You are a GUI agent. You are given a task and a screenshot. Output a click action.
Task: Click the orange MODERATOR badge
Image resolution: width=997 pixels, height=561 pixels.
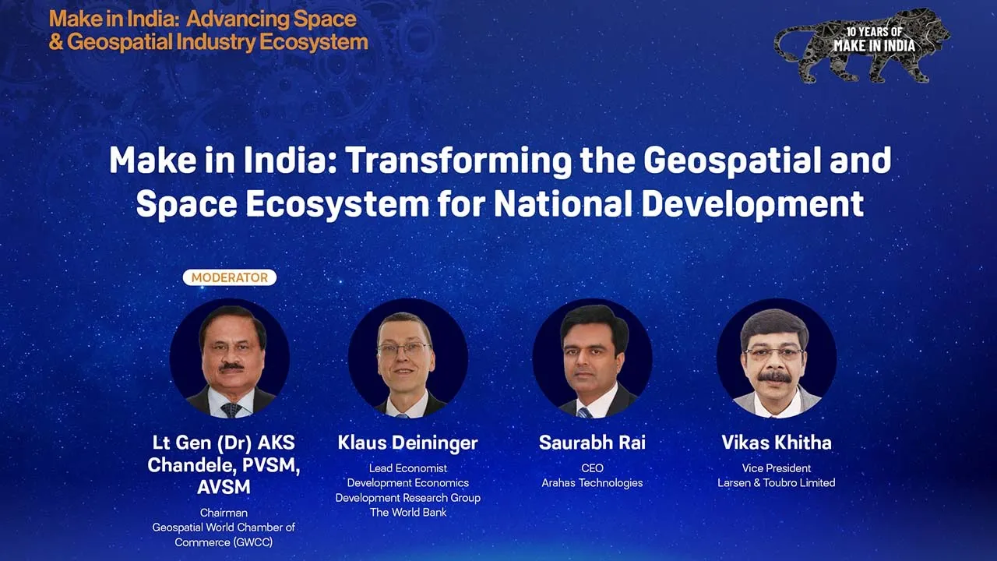230,277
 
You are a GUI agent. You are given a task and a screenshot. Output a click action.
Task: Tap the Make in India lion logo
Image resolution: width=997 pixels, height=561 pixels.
862,46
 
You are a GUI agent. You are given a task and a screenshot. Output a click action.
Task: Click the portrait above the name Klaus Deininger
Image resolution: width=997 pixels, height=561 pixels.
408,358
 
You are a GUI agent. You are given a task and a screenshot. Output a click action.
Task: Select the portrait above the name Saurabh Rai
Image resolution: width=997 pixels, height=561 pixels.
593,358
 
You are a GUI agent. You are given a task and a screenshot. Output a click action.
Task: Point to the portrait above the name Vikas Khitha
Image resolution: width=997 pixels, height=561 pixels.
777,358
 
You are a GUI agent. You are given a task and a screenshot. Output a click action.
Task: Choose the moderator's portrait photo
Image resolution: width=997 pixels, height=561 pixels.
230,358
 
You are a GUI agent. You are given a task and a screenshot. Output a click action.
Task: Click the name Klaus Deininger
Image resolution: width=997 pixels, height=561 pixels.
407,443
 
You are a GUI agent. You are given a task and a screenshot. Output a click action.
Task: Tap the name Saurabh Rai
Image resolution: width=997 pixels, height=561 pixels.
593,443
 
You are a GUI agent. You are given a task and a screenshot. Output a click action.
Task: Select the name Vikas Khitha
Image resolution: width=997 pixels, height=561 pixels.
777,443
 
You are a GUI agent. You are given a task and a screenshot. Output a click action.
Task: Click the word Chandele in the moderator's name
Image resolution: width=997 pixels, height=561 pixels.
192,465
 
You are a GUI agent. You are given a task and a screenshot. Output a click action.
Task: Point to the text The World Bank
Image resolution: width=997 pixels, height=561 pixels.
408,513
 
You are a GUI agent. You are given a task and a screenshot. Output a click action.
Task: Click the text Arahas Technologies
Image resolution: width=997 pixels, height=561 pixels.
593,483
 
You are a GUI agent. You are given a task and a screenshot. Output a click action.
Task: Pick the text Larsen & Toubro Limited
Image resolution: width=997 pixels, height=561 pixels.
777,483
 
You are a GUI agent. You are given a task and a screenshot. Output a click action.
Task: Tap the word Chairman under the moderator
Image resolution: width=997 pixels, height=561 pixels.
224,513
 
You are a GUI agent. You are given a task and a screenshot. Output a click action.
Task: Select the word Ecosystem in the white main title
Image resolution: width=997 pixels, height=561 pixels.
338,205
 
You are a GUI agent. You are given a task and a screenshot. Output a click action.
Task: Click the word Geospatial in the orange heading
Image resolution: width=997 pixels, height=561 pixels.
119,43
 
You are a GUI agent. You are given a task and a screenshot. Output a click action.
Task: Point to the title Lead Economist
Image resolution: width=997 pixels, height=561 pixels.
408,468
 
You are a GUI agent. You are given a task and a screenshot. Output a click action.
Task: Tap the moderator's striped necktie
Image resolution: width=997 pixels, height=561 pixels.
231,410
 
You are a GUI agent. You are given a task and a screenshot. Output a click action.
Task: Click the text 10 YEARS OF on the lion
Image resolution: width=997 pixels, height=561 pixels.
874,32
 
